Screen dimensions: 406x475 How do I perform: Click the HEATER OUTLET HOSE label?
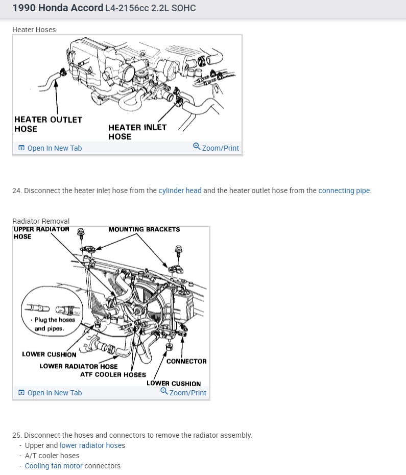48,124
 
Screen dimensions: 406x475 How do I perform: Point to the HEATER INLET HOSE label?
137,132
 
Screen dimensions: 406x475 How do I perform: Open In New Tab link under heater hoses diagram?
54,148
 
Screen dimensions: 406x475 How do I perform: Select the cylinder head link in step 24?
180,191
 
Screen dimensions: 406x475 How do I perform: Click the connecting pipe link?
344,191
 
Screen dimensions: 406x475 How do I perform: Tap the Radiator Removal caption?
41,221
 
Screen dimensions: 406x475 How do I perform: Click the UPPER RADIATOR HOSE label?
41,232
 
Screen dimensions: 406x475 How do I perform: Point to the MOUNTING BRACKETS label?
144,229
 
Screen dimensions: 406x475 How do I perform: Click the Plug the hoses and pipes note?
54,324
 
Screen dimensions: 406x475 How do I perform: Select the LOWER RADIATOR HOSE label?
79,366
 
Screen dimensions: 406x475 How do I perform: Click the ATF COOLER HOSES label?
113,374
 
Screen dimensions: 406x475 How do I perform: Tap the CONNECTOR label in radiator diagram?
186,361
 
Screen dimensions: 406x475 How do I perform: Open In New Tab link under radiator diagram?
54,393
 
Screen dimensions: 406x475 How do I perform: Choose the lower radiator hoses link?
92,445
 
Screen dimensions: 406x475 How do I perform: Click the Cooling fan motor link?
54,466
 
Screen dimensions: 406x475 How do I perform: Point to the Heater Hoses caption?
34,30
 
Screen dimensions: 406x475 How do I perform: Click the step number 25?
17,435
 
